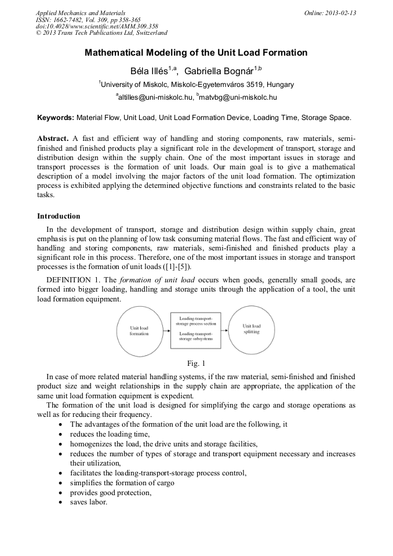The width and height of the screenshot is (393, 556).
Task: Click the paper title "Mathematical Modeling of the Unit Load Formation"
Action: [196, 53]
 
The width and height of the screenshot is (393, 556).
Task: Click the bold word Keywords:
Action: [56, 118]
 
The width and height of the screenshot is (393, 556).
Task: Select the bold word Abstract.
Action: [53, 139]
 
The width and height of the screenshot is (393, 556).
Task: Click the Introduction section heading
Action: [59, 216]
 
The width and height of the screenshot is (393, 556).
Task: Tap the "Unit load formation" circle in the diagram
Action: [139, 330]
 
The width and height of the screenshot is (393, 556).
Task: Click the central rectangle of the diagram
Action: [195, 329]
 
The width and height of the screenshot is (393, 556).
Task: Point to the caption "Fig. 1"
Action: [196, 364]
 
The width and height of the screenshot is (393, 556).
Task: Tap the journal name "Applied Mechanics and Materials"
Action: [81, 12]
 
